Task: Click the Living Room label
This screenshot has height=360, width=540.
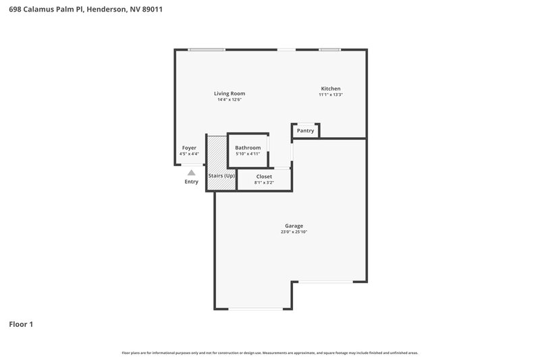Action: pyautogui.click(x=230, y=93)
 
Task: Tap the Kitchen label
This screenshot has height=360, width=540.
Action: pyautogui.click(x=331, y=88)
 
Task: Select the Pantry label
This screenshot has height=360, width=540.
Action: pyautogui.click(x=306, y=130)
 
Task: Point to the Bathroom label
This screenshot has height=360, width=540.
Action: pyautogui.click(x=248, y=147)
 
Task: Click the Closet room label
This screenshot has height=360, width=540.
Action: pyautogui.click(x=264, y=176)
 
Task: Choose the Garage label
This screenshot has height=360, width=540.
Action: pyautogui.click(x=294, y=226)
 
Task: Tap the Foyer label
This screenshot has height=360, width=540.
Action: pyautogui.click(x=189, y=147)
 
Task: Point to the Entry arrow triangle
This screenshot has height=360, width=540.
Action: pyautogui.click(x=192, y=173)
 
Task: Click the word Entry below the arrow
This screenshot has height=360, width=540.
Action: pyautogui.click(x=192, y=182)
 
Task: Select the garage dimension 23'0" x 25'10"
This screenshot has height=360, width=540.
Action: pyautogui.click(x=294, y=232)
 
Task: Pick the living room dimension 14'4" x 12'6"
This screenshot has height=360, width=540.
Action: pyautogui.click(x=230, y=99)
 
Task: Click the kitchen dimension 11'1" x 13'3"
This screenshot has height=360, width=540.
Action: pyautogui.click(x=331, y=95)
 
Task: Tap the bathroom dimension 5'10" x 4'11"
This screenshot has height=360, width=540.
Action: pyautogui.click(x=248, y=153)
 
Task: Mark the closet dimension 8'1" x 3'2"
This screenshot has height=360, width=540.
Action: pyautogui.click(x=264, y=182)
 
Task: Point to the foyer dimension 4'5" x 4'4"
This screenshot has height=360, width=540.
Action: pyautogui.click(x=189, y=153)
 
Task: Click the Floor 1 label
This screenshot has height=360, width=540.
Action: pyautogui.click(x=21, y=324)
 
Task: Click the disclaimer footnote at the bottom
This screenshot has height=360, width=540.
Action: pyautogui.click(x=270, y=353)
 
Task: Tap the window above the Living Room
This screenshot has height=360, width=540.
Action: pyautogui.click(x=207, y=49)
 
